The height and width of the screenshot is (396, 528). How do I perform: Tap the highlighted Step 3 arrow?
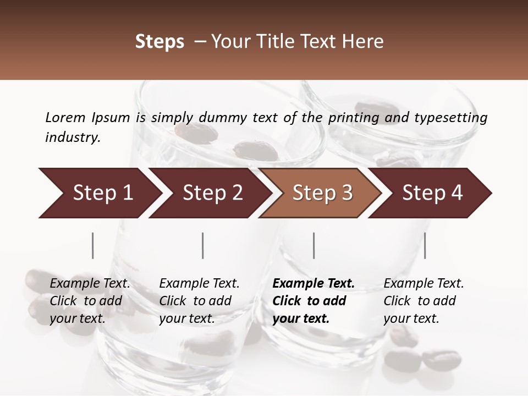(x=322, y=193)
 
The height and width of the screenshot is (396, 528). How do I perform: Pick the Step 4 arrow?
(x=432, y=193)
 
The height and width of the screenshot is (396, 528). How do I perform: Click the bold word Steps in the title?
(x=159, y=42)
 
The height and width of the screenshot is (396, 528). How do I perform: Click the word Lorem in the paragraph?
(x=65, y=118)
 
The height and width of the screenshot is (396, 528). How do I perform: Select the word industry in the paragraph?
(x=72, y=137)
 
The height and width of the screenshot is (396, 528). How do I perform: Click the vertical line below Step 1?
(x=93, y=245)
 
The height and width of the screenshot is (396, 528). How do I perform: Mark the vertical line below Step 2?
(x=203, y=245)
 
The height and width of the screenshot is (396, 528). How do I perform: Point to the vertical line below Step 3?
(x=313, y=245)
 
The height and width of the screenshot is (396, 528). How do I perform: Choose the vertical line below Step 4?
(x=425, y=245)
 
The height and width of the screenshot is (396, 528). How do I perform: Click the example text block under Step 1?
(x=90, y=301)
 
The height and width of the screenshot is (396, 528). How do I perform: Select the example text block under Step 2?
(x=199, y=301)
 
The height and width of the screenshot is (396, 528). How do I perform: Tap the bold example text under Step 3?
(x=313, y=301)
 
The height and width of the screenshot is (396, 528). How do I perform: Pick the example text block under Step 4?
(x=424, y=301)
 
